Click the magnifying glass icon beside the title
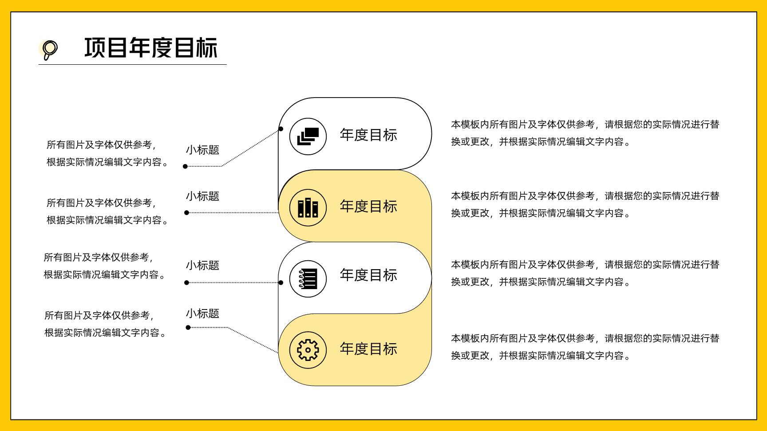(49, 50)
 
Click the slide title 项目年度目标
(151, 48)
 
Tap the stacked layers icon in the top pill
(308, 136)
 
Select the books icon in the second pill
(308, 208)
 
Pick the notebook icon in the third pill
(308, 279)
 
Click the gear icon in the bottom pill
(308, 350)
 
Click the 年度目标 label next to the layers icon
(368, 135)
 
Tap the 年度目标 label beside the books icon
(368, 206)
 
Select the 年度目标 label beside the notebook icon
(368, 275)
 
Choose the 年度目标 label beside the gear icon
(368, 349)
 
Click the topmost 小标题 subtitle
(202, 150)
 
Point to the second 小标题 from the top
(202, 196)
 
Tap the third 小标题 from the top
(202, 265)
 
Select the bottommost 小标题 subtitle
(202, 313)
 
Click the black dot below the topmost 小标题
(186, 166)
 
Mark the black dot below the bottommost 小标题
(188, 328)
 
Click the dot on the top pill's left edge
(281, 129)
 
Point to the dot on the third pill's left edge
(281, 282)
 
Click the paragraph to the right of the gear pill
(585, 347)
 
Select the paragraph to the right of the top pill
(585, 133)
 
